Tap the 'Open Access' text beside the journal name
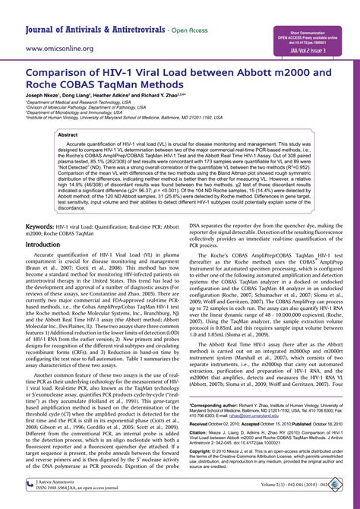tap(207, 31)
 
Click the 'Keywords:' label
tap(45, 227)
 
